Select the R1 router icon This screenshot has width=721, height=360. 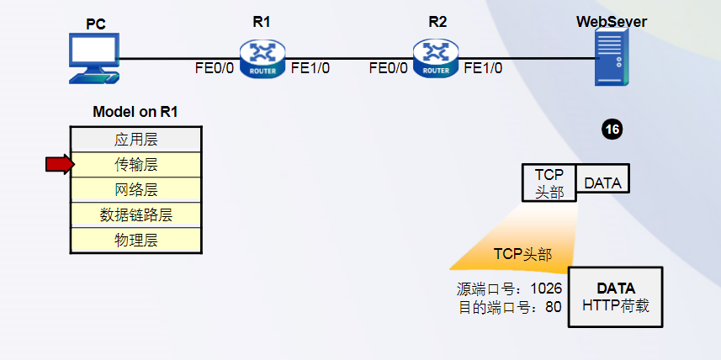pyautogui.click(x=262, y=57)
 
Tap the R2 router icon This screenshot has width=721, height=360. pyautogui.click(x=437, y=57)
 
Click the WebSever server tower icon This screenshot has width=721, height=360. pyautogui.click(x=611, y=56)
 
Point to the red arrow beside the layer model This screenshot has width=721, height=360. pyautogui.click(x=60, y=165)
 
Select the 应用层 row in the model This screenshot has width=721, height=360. pyautogui.click(x=135, y=140)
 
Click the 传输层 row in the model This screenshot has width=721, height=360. pyautogui.click(x=135, y=165)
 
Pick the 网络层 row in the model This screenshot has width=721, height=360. pyautogui.click(x=135, y=190)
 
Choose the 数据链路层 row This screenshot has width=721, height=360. pyautogui.click(x=135, y=215)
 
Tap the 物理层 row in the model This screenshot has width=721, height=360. pyautogui.click(x=135, y=241)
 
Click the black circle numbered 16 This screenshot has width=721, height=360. pyautogui.click(x=612, y=130)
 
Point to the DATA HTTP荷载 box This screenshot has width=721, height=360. pyautogui.click(x=616, y=297)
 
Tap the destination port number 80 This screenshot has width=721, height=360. pyautogui.click(x=553, y=308)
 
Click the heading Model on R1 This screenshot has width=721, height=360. pyautogui.click(x=135, y=112)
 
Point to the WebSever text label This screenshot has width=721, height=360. pyautogui.click(x=611, y=22)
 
